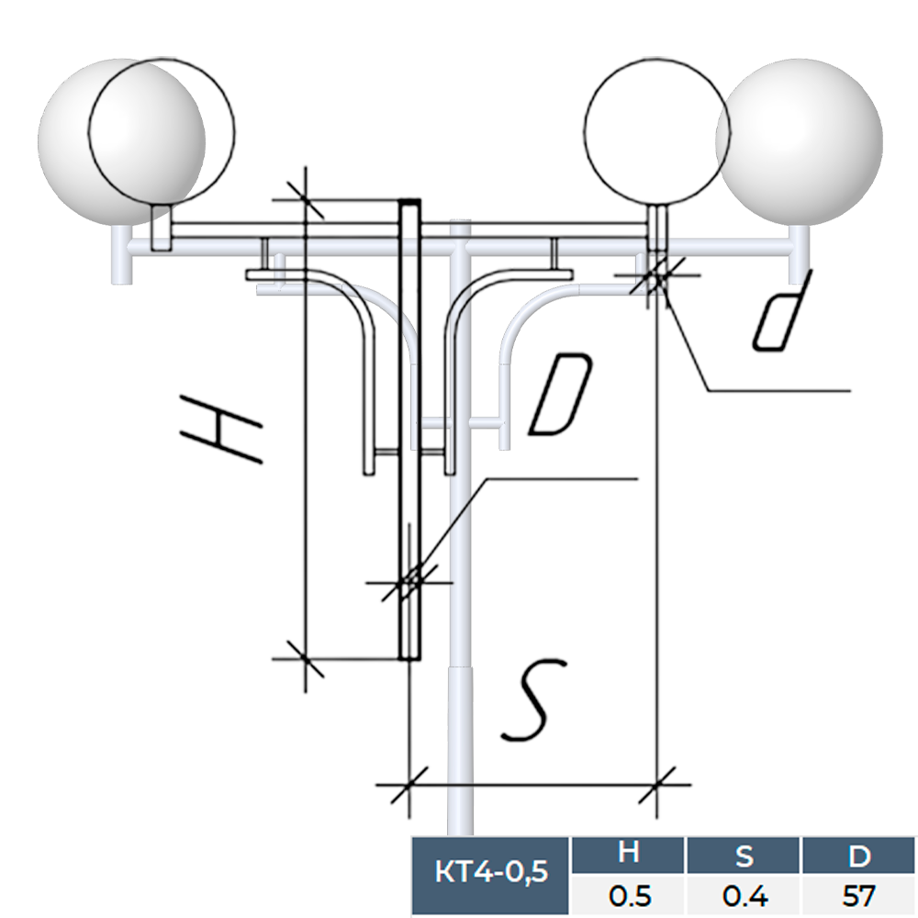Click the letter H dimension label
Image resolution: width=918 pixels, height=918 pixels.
point(222,429)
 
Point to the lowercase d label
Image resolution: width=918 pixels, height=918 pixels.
point(782,310)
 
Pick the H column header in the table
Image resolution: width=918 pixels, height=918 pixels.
point(629,855)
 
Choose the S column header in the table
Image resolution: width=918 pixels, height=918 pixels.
point(744,855)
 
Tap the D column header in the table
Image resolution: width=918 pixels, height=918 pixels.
point(859,855)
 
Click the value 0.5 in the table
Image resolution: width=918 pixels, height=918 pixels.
point(629,894)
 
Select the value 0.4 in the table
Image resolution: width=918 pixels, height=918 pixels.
point(744,894)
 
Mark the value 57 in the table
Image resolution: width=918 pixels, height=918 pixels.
point(859,894)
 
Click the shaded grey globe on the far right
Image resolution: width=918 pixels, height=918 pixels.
point(800,141)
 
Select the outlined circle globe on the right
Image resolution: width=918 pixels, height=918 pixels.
point(656,131)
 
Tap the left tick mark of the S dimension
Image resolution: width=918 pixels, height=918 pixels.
point(406,785)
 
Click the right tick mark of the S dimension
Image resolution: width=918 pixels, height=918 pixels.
point(660,785)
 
